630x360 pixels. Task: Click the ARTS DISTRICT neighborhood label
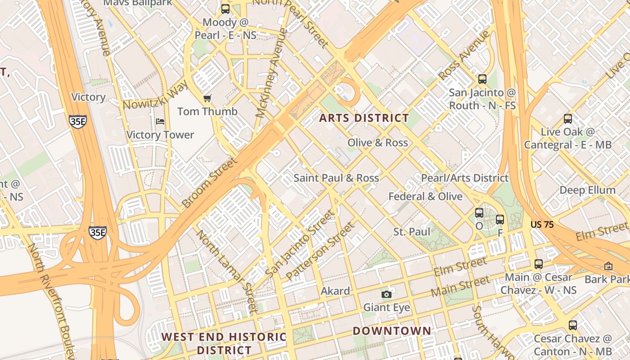pyautogui.click(x=364, y=118)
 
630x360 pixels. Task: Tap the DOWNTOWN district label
pyautogui.click(x=391, y=331)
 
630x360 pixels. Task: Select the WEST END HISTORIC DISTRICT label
pyautogui.click(x=224, y=343)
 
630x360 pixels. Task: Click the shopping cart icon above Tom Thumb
pyautogui.click(x=207, y=98)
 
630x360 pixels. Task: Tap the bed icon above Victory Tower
pyautogui.click(x=160, y=121)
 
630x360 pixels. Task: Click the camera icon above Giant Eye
pyautogui.click(x=386, y=294)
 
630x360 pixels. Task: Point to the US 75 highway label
pyautogui.click(x=542, y=224)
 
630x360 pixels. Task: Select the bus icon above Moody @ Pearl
pyautogui.click(x=225, y=9)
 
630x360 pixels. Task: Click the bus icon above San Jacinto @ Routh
pyautogui.click(x=482, y=79)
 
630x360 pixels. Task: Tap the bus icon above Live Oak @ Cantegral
pyautogui.click(x=568, y=119)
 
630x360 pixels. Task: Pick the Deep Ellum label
pyautogui.click(x=587, y=190)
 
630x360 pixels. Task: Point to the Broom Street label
pyautogui.click(x=209, y=183)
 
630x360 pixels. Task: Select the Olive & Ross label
pyautogui.click(x=378, y=143)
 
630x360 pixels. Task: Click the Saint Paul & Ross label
pyautogui.click(x=336, y=178)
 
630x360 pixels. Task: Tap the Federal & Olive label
pyautogui.click(x=425, y=196)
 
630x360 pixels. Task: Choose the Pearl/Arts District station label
pyautogui.click(x=464, y=178)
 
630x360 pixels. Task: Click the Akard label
pyautogui.click(x=335, y=291)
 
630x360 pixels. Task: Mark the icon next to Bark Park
pyautogui.click(x=608, y=266)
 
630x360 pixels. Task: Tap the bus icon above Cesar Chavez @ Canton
pyautogui.click(x=572, y=325)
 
